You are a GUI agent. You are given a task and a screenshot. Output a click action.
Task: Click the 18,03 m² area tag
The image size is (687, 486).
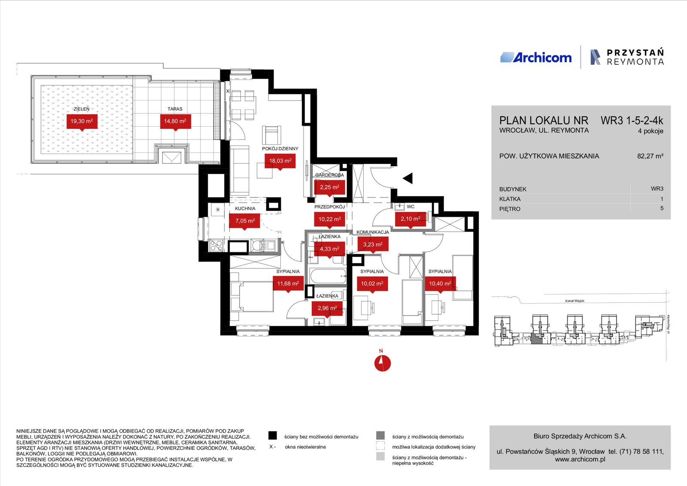tap(280, 161)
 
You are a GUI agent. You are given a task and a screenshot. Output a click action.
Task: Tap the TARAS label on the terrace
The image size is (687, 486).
tap(175, 109)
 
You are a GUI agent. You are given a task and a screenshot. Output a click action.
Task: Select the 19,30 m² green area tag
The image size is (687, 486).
tap(82, 121)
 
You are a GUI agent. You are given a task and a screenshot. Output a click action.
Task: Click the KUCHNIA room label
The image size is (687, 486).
tap(245, 209)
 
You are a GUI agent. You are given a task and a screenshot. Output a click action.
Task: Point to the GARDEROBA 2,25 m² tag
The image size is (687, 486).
tap(329, 187)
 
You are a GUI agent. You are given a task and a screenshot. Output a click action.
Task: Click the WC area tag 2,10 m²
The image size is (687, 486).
tap(410, 219)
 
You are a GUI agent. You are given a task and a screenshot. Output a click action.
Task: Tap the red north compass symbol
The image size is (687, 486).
tap(383, 363)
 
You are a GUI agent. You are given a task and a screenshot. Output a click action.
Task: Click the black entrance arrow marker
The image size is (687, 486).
tap(408, 178)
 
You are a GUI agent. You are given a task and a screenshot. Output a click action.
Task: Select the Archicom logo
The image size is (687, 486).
tap(536, 58)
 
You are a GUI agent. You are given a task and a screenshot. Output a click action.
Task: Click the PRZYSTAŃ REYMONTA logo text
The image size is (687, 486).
tap(635, 57)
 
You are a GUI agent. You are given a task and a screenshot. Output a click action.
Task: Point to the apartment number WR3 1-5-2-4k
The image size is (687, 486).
tap(632, 121)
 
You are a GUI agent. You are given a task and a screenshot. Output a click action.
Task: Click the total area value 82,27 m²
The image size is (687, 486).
tap(650, 156)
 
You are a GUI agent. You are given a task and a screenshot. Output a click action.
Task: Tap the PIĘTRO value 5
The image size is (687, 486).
tap(662, 209)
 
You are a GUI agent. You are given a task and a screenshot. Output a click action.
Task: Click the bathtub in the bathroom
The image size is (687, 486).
tap(328, 276)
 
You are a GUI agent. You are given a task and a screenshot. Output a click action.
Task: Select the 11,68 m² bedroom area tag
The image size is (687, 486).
tap(288, 284)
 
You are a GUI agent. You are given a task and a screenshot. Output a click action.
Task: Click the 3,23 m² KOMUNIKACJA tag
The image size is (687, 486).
tap(373, 244)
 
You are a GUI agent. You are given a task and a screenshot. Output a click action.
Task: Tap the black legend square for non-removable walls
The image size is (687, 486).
tap(272, 436)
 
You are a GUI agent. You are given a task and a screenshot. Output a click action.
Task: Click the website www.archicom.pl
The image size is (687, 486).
tap(580, 459)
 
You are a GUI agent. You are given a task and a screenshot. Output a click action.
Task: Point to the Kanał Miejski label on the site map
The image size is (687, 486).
tap(575, 301)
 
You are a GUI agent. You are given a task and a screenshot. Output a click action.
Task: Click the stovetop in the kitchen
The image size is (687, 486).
tap(216, 246)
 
